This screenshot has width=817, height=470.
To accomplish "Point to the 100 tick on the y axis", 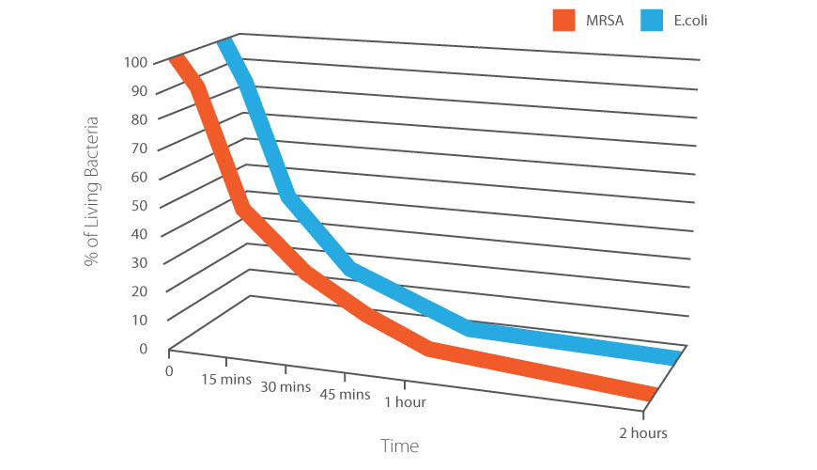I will [x=134, y=63].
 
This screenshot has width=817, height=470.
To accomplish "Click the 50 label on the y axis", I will [x=138, y=206].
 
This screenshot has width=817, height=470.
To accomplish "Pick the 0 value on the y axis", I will [x=143, y=349].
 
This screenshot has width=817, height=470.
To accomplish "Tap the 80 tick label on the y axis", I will [x=138, y=119].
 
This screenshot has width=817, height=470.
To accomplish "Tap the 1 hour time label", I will [x=405, y=402].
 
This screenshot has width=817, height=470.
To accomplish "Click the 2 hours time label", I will [x=643, y=432].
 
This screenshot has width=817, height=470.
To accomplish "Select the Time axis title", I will [x=399, y=445].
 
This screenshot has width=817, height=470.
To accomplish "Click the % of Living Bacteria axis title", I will [x=92, y=192].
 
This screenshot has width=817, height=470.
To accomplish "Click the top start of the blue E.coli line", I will [x=226, y=43].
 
